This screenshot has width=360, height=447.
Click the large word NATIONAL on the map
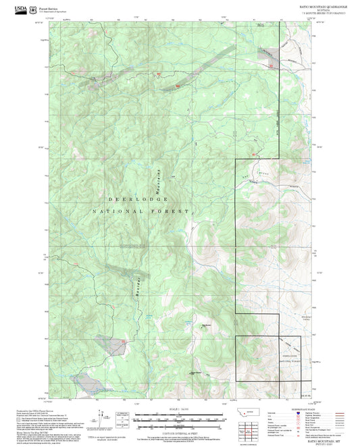(x=119, y=212)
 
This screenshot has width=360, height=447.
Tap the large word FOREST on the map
(x=170, y=212)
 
